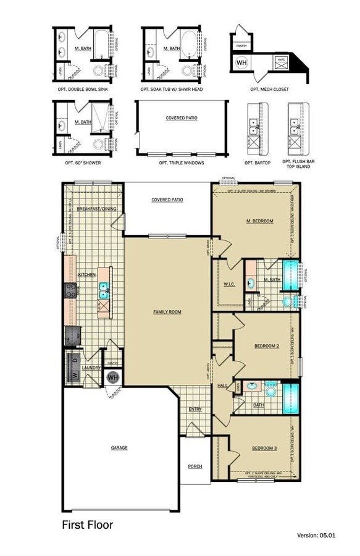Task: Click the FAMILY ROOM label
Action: coord(167,312)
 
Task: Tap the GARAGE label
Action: coord(119,447)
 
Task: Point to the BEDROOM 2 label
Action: coord(267,346)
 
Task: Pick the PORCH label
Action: coord(195,466)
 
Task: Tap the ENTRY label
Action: coord(195,409)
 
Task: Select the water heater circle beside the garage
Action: coord(113,377)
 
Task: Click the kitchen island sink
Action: coord(104,287)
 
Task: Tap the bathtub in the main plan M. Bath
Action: coord(290,272)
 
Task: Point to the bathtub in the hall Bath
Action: coord(290,398)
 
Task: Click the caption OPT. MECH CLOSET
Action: coord(269,89)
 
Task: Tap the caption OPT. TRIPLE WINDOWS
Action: coord(181,162)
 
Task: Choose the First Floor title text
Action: coord(87,525)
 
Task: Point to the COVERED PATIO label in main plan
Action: coord(167,200)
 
